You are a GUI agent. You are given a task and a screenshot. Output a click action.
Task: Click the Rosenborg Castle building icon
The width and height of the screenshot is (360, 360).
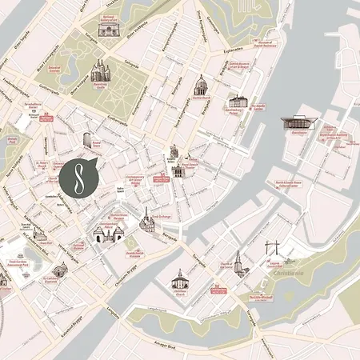(99, 72)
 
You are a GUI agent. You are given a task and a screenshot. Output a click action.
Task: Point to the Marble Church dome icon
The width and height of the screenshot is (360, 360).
(201, 86)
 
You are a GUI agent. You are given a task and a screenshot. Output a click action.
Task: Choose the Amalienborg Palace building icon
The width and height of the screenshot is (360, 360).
(238, 102)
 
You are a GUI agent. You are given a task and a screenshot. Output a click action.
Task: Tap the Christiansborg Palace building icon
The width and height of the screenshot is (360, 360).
(110, 234)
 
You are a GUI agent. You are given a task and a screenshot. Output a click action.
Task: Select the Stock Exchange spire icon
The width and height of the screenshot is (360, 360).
(146, 219)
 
